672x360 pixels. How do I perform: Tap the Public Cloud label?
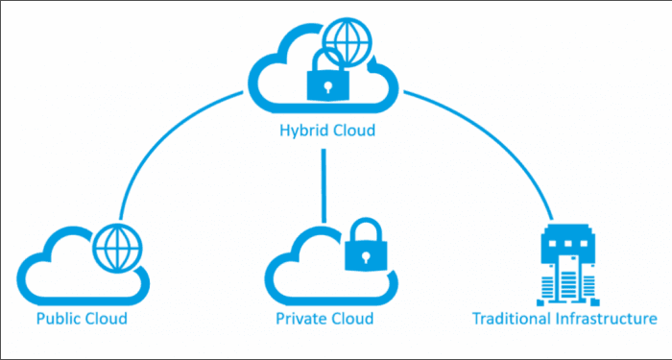tap(81, 318)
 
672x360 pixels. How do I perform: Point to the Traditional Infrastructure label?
tap(564, 318)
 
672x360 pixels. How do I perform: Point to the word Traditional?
tap(508, 318)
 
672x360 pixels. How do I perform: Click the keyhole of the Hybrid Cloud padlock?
tap(325, 85)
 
